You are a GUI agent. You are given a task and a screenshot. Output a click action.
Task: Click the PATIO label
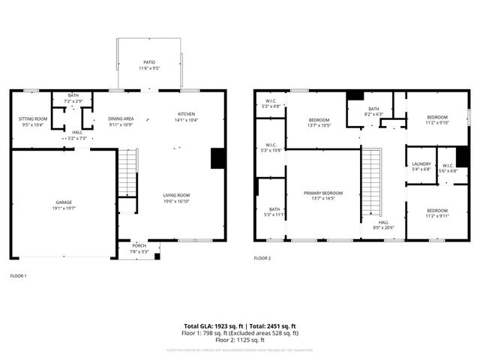(x=150, y=62)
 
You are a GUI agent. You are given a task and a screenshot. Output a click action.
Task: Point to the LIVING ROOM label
(x=176, y=195)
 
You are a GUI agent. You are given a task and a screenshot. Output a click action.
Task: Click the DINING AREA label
(x=121, y=118)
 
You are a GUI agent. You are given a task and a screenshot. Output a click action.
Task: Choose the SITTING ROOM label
(x=32, y=118)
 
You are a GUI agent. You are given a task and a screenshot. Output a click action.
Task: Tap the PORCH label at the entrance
(x=139, y=245)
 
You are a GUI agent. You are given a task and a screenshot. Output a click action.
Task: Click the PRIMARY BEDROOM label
(x=323, y=193)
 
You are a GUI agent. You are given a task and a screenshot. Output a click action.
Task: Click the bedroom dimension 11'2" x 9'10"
(x=437, y=123)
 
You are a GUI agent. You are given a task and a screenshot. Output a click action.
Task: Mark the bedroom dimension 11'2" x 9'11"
(x=437, y=216)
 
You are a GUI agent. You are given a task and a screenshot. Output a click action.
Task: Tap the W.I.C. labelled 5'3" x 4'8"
(x=271, y=106)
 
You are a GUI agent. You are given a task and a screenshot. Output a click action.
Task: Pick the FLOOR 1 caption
(x=18, y=276)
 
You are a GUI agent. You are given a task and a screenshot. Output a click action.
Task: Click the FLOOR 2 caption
(x=262, y=258)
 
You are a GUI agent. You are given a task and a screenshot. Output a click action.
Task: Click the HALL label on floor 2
(x=383, y=222)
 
